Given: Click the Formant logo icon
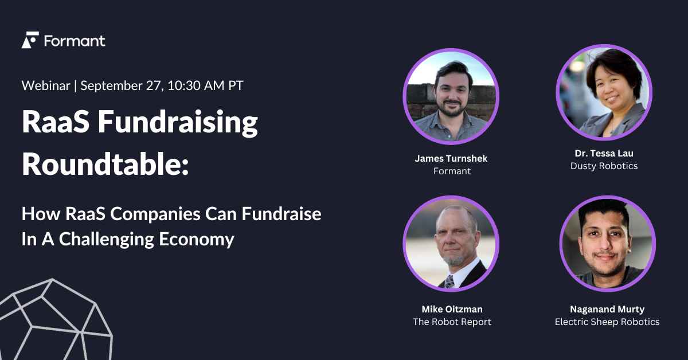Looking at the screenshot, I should pos(30,40).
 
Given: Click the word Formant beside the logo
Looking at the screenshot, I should pos(75,41).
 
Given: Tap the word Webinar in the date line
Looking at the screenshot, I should pos(45,86).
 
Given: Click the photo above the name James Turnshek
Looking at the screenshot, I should pos(451,95).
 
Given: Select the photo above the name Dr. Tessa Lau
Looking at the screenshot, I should pos(604,92).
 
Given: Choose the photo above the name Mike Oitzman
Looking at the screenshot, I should pos(451,244).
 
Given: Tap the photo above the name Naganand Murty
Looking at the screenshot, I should pos(607,244).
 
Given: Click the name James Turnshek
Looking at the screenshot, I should pos(452,159).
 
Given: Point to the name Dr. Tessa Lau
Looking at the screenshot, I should pos(604,154).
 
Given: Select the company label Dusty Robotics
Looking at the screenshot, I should pos(604,166).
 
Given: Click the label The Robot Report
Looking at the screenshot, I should pos(452,322).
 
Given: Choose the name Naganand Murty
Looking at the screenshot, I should pos(607,310).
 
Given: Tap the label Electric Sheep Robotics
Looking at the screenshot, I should pos(607,322).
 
